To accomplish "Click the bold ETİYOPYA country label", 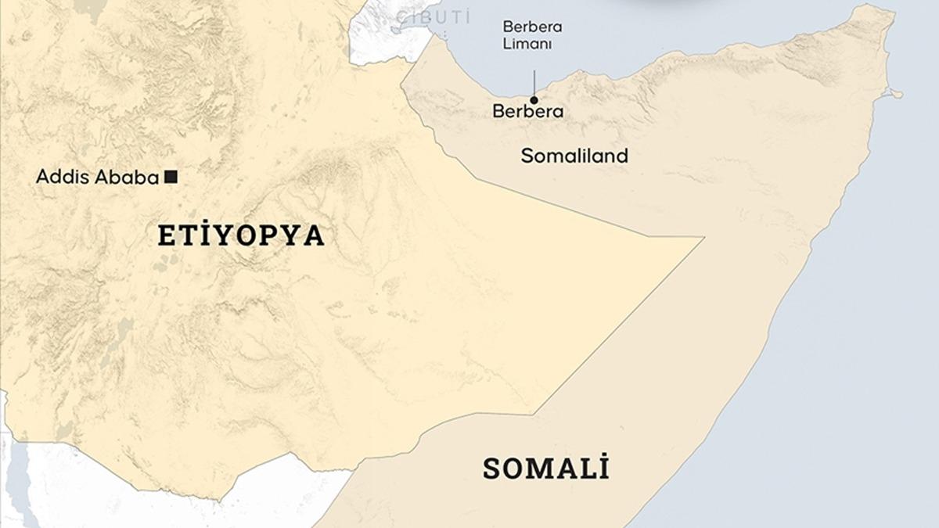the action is click(x=241, y=235).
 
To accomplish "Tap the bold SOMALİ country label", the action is click(x=545, y=469).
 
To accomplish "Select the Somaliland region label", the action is click(x=574, y=156).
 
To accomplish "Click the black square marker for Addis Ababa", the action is click(x=171, y=178).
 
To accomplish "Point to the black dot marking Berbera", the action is click(x=534, y=100).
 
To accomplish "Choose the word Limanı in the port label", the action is click(x=527, y=45).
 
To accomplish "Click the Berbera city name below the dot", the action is click(x=527, y=112).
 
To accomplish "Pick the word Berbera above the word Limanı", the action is click(x=532, y=27).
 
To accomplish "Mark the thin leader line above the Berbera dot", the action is click(x=534, y=82).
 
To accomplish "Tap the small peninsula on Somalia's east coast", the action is click(x=892, y=94).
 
